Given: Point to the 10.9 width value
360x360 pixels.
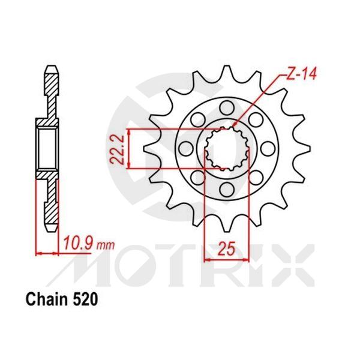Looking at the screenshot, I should pyautogui.click(x=79, y=244).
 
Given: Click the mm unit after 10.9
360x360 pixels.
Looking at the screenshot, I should pyautogui.click(x=105, y=245).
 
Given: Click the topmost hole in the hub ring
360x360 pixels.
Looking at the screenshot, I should pyautogui.click(x=226, y=107).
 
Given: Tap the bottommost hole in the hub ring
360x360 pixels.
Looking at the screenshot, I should pyautogui.click(x=226, y=190).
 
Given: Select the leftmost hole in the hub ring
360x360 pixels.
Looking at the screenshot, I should pyautogui.click(x=185, y=149).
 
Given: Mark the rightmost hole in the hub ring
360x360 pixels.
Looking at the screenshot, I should pyautogui.click(x=268, y=149).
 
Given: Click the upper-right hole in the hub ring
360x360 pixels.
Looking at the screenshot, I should pyautogui.click(x=256, y=119).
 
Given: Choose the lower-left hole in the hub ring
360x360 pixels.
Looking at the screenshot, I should pyautogui.click(x=197, y=178).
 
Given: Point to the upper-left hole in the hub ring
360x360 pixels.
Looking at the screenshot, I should pyautogui.click(x=197, y=119).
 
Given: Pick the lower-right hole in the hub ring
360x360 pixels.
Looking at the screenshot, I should pyautogui.click(x=256, y=178).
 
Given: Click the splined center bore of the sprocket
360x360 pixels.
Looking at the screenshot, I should pyautogui.click(x=226, y=149).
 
